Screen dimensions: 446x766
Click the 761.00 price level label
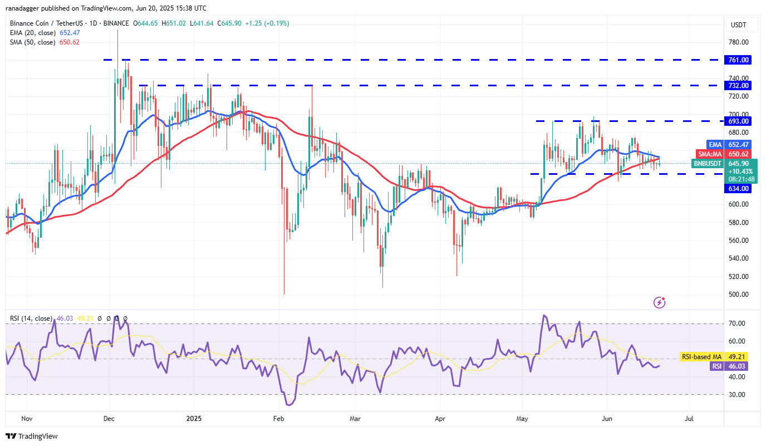(739, 60)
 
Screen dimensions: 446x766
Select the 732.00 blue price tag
(739, 85)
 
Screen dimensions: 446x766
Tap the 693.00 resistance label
(739, 121)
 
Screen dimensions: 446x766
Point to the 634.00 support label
(739, 188)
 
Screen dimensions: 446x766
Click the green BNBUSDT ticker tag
(707, 164)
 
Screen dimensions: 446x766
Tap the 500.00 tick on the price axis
(739, 295)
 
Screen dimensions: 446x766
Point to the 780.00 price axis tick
(739, 42)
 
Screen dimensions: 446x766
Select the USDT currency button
(738, 25)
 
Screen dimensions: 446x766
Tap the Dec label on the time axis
(109, 417)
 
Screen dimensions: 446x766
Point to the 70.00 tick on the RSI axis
(739, 324)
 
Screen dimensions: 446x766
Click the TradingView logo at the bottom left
(32, 436)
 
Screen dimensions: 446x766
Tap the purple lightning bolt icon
(659, 302)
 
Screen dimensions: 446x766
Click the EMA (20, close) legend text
(33, 33)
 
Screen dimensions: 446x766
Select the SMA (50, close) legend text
(33, 42)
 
